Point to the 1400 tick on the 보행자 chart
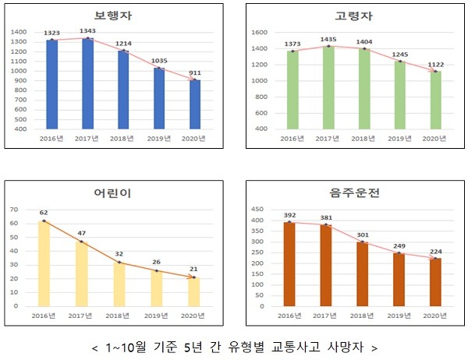19,31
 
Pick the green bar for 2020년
436,100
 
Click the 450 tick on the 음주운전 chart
257,210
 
